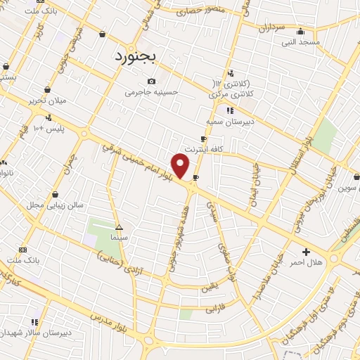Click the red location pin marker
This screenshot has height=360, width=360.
pos(181,166)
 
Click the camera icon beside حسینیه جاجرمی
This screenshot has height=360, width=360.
pos(152,82)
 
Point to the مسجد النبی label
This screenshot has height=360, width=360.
pos(301,42)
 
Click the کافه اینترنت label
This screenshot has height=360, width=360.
pos(203,150)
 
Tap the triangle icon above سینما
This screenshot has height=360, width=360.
pos(119,227)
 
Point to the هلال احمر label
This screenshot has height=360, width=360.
pos(306,262)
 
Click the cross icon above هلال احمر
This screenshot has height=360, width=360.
pos(306,252)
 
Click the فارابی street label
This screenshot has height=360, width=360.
pos(213,308)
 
